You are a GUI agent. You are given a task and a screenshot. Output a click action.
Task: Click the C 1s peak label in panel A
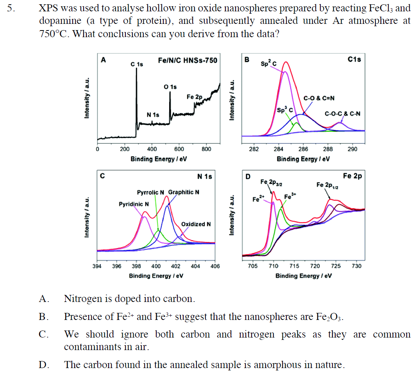pyautogui.click(x=137, y=64)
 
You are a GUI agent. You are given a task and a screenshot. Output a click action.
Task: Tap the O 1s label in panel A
pyautogui.click(x=170, y=86)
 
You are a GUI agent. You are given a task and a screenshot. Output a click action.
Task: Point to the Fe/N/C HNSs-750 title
pyautogui.click(x=188, y=60)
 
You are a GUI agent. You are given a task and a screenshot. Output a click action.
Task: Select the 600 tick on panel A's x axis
pyautogui.click(x=179, y=149)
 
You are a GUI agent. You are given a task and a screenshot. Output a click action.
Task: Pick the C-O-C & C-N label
pyautogui.click(x=343, y=114)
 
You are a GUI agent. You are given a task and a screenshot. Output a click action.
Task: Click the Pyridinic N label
pyautogui.click(x=134, y=204)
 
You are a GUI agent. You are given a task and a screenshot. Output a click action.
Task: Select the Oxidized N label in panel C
pyautogui.click(x=196, y=224)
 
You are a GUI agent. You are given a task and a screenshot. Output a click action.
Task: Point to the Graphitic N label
pyautogui.click(x=184, y=192)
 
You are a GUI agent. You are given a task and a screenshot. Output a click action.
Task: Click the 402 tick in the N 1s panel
pyautogui.click(x=176, y=266)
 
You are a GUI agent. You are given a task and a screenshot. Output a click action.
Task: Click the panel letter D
pyautogui.click(x=247, y=176)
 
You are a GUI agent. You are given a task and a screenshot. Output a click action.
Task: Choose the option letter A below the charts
pyautogui.click(x=43, y=299)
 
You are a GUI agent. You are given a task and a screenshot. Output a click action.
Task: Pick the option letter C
pyautogui.click(x=43, y=334)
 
